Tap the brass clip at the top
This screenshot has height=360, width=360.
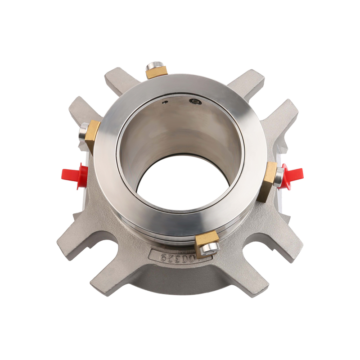[x=157, y=72]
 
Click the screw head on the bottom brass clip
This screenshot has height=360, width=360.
[x=209, y=248]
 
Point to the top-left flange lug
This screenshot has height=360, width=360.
[x=118, y=80]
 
